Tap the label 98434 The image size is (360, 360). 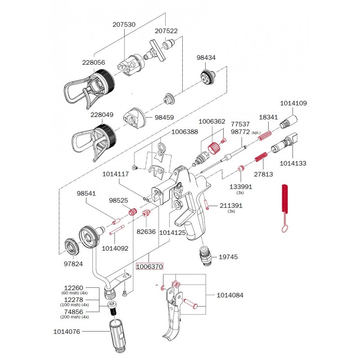[x=206, y=58]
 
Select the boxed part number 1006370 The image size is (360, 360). [x=149, y=266]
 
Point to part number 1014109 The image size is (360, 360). [x=293, y=103]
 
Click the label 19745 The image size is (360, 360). [x=228, y=257]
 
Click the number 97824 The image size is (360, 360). [x=74, y=263]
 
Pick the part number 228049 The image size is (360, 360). [x=102, y=115]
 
